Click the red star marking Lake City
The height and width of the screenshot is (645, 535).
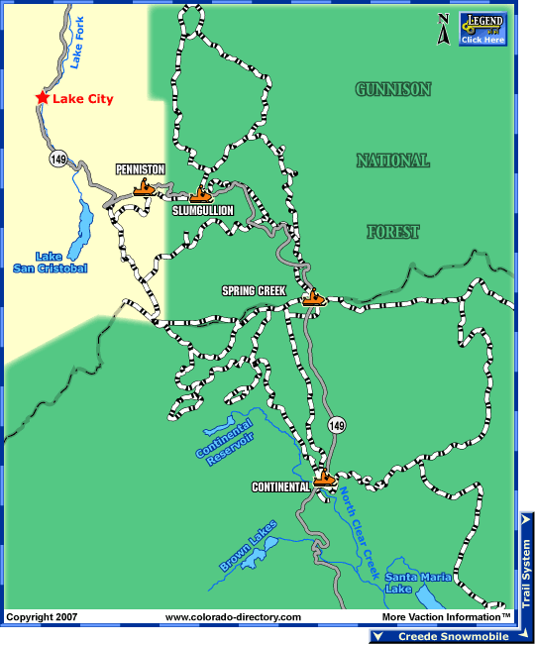42,97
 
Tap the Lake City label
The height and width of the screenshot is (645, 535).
83,99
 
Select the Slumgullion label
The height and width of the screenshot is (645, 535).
203,211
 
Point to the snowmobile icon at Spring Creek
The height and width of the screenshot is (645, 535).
314,295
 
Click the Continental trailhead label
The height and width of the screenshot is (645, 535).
281,486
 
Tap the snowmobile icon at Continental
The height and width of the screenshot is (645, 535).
325,479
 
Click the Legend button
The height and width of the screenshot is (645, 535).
482,30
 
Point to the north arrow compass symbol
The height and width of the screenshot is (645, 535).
444,29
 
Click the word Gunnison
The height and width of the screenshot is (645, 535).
393,89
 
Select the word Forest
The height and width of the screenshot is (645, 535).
393,232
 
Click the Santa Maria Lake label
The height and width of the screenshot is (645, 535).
418,583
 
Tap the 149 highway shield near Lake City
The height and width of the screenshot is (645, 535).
60,158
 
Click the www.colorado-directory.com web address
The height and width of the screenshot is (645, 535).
233,617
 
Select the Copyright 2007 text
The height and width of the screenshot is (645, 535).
42,617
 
